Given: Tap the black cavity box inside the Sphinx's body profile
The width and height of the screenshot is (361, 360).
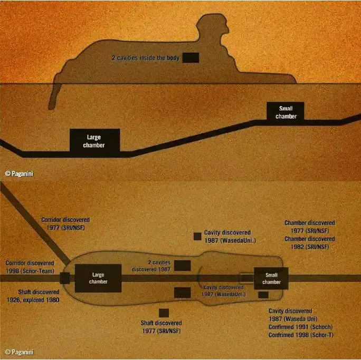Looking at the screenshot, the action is (191, 57).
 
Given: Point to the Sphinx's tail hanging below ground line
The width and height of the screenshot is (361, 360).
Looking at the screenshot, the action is (54, 96).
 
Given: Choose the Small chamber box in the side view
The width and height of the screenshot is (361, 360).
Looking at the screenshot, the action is (285, 112).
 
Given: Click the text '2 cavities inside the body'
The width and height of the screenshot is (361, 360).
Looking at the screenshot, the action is (146, 57).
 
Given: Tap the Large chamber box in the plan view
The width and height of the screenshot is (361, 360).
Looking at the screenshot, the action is (98, 278).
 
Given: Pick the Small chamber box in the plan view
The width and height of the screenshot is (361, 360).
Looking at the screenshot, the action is (271, 278).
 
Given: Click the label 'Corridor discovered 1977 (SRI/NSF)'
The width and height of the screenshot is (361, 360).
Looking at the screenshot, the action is (65, 223).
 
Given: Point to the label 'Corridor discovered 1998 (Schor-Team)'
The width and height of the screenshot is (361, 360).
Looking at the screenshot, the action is (30, 267).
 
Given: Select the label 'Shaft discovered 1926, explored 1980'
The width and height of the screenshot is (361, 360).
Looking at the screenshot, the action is (33, 296).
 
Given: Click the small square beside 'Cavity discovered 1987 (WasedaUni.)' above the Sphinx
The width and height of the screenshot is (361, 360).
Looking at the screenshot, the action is (197, 236).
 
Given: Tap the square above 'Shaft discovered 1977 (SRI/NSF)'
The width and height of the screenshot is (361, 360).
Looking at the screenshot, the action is (164, 313).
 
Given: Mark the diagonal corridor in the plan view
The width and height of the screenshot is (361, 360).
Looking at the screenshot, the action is (35, 224).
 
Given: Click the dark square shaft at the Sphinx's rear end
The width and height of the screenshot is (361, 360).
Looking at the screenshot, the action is (65, 278).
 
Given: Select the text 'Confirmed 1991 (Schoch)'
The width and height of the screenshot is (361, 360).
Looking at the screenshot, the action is (300, 327).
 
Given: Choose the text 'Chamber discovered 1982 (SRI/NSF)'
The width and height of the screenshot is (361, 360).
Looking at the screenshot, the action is (310, 243).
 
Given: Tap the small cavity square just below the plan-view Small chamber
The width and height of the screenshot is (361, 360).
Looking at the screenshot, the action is (263, 295).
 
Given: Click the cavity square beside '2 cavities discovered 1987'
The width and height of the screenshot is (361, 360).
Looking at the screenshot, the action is (182, 266).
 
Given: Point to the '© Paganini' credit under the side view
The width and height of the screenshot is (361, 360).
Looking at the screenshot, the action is (20, 173).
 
